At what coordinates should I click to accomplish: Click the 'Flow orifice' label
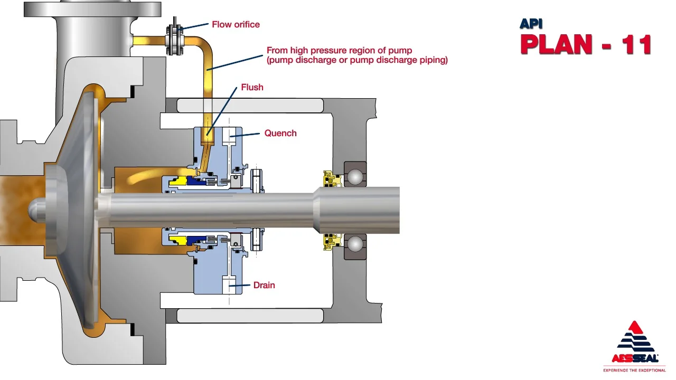pos(236,24)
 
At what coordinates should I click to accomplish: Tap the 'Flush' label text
pos(252,87)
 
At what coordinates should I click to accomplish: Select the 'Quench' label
pos(280,133)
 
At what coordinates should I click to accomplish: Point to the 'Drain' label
pos(264,285)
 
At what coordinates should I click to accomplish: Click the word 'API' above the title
pos(531,24)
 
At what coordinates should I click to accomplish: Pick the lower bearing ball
pos(354,244)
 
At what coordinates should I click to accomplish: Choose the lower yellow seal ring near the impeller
pos(176,240)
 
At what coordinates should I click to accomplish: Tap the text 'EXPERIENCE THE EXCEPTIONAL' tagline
pos(635,370)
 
